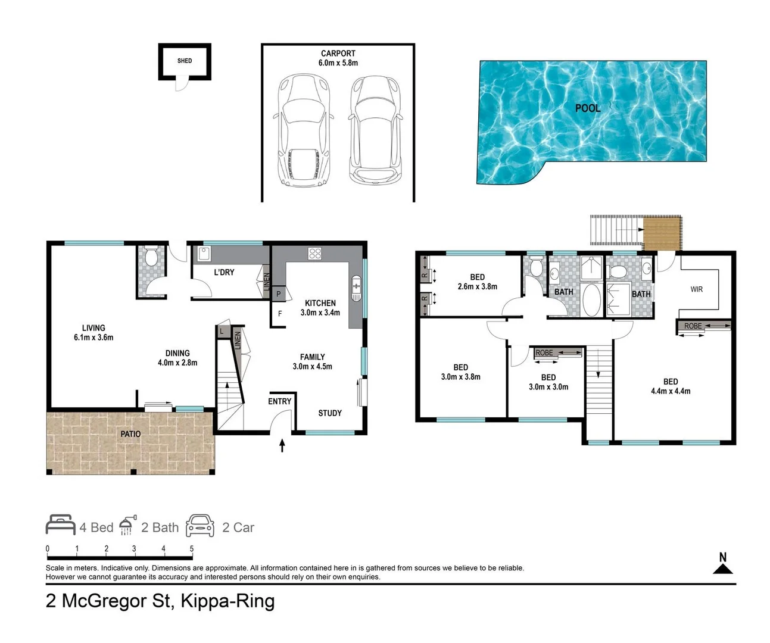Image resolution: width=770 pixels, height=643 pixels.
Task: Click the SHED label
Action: click(x=185, y=61)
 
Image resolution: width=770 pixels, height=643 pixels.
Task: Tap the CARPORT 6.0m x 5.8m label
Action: click(x=338, y=58)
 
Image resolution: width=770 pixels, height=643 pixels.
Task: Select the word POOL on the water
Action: click(x=587, y=108)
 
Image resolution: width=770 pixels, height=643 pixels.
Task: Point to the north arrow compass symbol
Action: click(x=723, y=565)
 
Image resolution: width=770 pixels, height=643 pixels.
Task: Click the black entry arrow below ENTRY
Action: click(x=282, y=445)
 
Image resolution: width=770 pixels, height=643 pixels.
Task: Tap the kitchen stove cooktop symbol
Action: click(x=314, y=254)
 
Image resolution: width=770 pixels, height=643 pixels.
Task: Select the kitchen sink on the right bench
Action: click(x=356, y=289)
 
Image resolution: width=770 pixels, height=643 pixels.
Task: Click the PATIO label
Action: click(x=130, y=434)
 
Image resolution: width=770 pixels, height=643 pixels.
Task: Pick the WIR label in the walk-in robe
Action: click(x=696, y=289)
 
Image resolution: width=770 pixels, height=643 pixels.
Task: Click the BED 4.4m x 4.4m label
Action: click(x=671, y=386)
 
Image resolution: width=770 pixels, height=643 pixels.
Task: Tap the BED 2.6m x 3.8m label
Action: click(x=477, y=282)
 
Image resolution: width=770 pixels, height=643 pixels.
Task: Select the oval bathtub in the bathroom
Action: click(x=591, y=300)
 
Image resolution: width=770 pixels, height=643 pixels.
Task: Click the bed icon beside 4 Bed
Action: click(x=60, y=525)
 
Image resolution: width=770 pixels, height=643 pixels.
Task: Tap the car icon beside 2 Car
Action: click(x=200, y=526)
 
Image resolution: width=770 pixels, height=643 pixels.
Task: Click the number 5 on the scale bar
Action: click(x=192, y=549)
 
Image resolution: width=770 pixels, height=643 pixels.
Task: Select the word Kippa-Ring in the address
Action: click(x=227, y=601)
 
